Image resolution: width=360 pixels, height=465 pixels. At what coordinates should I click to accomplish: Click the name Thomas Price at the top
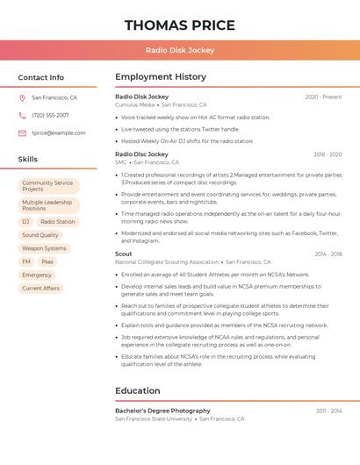pyautogui.click(x=180, y=25)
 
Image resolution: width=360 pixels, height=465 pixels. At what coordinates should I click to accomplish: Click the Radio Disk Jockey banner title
pyautogui.click(x=180, y=50)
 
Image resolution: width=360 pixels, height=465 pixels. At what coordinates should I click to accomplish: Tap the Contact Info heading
pyautogui.click(x=41, y=77)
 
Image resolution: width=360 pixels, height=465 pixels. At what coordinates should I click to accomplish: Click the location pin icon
pyautogui.click(x=22, y=98)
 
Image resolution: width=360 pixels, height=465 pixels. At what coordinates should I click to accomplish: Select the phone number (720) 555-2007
pyautogui.click(x=50, y=115)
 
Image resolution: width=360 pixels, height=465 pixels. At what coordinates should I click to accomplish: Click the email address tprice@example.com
pyautogui.click(x=59, y=132)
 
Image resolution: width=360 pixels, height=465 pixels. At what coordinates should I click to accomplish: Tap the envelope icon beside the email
pyautogui.click(x=22, y=132)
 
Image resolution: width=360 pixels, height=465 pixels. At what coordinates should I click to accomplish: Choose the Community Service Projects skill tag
pyautogui.click(x=48, y=186)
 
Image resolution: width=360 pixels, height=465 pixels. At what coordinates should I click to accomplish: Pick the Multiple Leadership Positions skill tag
pyautogui.click(x=48, y=205)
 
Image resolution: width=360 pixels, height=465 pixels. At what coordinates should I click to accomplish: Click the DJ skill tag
pyautogui.click(x=25, y=222)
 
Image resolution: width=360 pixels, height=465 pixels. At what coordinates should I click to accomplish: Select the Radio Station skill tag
pyautogui.click(x=58, y=222)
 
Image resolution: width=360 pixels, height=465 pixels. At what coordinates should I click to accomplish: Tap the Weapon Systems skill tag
pyautogui.click(x=44, y=248)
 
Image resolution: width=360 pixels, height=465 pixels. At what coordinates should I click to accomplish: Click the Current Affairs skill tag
pyautogui.click(x=40, y=288)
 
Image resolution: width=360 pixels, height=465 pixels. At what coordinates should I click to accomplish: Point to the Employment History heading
pyautogui.click(x=161, y=77)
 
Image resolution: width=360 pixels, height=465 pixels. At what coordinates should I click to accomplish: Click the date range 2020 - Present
pyautogui.click(x=323, y=97)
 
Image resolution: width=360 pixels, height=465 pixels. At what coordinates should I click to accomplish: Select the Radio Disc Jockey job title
pyautogui.click(x=141, y=154)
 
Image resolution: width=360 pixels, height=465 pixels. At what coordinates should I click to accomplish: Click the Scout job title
pyautogui.click(x=124, y=254)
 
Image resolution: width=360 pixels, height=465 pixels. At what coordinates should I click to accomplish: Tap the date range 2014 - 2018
pyautogui.click(x=328, y=254)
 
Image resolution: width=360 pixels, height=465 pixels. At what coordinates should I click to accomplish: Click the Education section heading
pyautogui.click(x=138, y=390)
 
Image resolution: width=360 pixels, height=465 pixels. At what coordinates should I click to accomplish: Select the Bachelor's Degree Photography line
pyautogui.click(x=162, y=411)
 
